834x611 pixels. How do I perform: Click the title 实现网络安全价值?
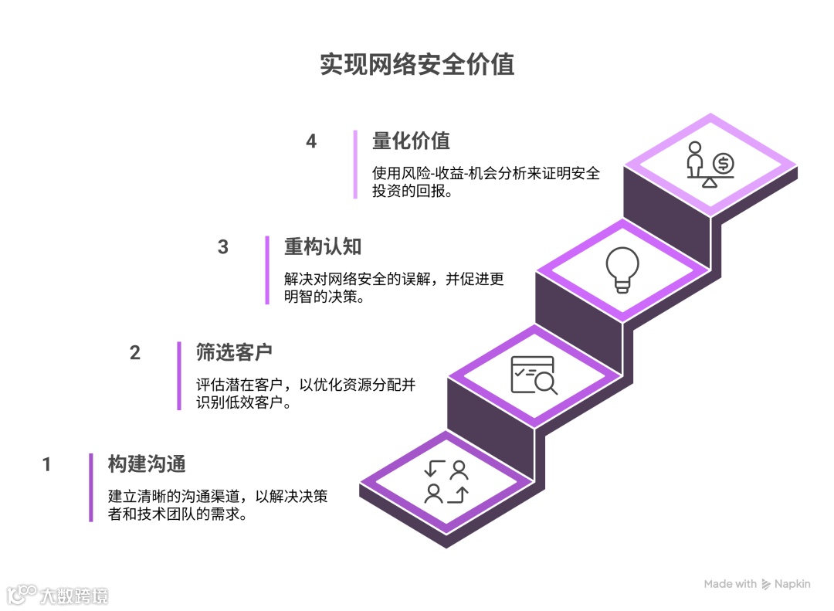click(x=417, y=65)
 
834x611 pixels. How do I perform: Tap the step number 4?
click(x=311, y=141)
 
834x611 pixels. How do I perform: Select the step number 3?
click(x=223, y=247)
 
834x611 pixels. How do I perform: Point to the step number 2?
click(x=135, y=353)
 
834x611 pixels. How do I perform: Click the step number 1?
click(x=47, y=464)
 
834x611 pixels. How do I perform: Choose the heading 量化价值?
click(x=411, y=141)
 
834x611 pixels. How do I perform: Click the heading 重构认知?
click(x=323, y=247)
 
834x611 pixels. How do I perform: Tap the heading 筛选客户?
click(x=234, y=353)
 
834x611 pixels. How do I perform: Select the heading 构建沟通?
click(x=147, y=464)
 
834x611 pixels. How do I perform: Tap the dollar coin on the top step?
click(x=724, y=163)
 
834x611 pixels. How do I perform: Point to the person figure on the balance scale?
click(x=695, y=160)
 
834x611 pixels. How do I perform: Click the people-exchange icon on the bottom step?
click(x=447, y=481)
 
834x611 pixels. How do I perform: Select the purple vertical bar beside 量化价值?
click(x=355, y=164)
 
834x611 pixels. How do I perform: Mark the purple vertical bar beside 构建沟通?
click(x=90, y=487)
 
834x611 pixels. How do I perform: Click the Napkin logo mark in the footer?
click(x=767, y=584)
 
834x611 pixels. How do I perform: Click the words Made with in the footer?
click(x=730, y=584)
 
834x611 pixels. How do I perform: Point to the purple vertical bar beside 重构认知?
click(x=267, y=270)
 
